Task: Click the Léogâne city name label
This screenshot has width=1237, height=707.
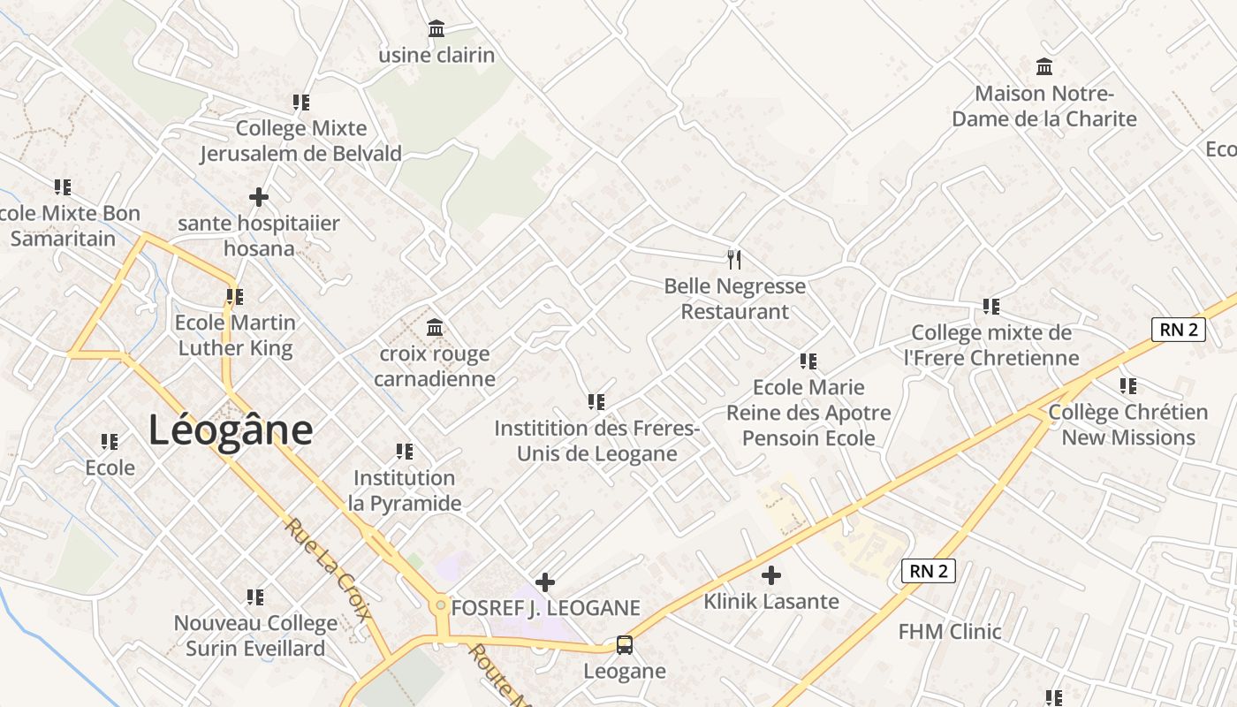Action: [231, 430]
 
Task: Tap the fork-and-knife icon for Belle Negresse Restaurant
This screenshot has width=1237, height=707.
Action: [734, 259]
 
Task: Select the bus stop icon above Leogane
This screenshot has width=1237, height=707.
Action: [625, 645]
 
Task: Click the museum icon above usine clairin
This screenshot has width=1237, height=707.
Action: [436, 29]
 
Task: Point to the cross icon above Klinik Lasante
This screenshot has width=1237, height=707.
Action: [771, 575]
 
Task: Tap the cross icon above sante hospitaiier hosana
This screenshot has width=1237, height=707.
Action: [259, 196]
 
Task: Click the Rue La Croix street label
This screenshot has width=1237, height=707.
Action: [327, 570]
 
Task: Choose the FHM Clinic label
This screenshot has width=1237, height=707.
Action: [950, 631]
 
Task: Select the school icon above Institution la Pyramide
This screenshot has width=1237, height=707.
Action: [405, 452]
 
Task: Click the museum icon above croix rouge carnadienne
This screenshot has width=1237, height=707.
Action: [435, 328]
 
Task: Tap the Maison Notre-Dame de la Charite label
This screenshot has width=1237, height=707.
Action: [1044, 106]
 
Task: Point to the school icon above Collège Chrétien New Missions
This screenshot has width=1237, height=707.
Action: [1128, 386]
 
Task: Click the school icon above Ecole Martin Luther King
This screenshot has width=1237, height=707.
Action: [235, 296]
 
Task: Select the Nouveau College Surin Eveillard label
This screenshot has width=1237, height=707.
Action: [255, 635]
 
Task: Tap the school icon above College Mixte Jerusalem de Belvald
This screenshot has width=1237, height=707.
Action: [301, 103]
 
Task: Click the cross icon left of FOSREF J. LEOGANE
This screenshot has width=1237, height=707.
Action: [545, 582]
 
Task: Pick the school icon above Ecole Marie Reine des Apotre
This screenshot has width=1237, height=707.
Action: [808, 361]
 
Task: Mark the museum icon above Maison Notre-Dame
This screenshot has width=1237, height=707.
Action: [1044, 66]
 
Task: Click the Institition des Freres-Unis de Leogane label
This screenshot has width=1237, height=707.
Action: [596, 440]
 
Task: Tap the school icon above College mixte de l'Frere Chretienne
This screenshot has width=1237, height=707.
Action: [991, 307]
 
